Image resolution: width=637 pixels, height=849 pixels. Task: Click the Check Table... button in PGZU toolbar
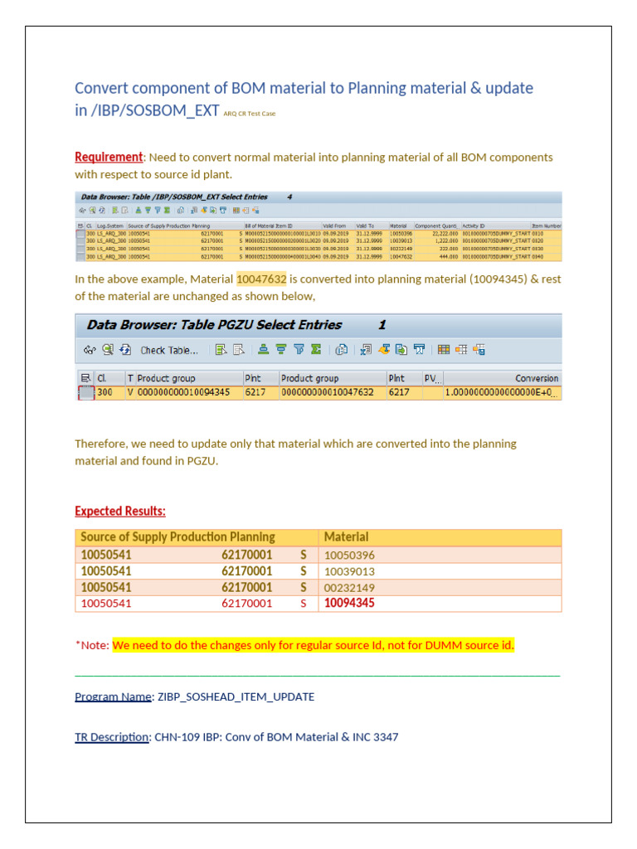168,350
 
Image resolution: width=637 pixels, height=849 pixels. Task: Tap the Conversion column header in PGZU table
536,378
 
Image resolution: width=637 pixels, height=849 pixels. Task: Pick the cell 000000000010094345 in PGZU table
183,392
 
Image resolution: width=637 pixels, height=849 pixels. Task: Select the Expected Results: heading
119,511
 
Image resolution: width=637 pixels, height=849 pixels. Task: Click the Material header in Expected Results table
346,537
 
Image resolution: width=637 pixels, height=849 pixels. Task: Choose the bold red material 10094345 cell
349,604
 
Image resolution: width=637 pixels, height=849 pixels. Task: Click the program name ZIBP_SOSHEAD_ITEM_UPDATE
236,696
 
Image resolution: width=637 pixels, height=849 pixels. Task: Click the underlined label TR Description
111,736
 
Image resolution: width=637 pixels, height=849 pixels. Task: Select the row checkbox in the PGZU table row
85,393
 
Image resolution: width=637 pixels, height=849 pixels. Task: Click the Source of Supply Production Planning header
177,537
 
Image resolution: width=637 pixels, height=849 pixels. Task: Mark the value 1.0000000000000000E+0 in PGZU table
501,392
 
